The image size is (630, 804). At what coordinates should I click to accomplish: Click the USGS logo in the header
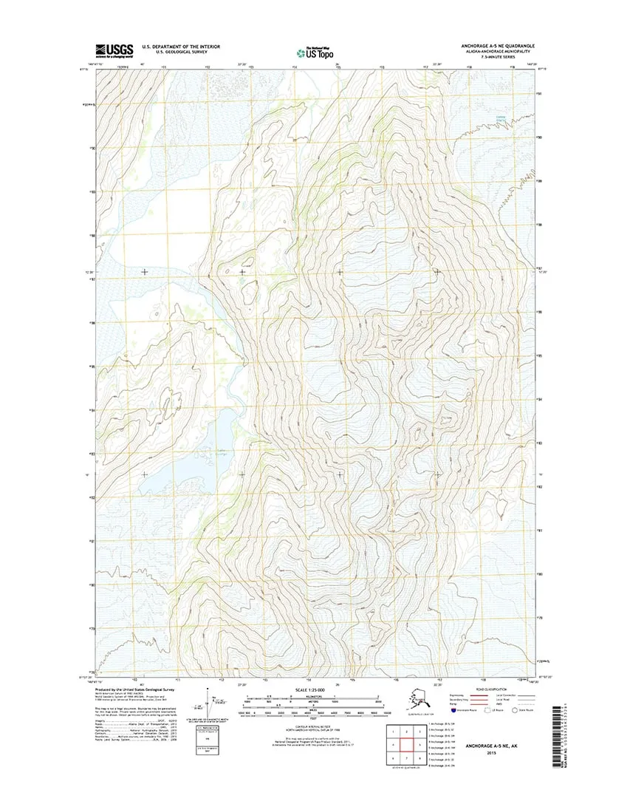(x=113, y=50)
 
